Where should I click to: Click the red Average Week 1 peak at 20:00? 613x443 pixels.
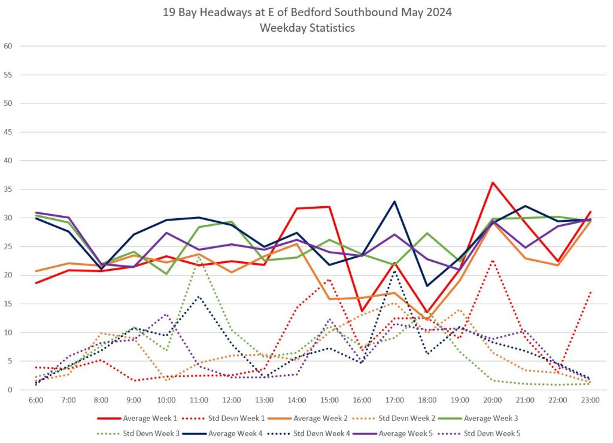tap(493, 182)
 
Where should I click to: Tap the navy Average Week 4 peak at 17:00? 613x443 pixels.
tap(394, 201)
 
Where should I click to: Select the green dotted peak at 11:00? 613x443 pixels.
tap(199, 257)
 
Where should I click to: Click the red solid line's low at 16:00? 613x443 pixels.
tap(362, 311)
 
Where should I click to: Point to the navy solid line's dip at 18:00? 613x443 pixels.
tap(427, 286)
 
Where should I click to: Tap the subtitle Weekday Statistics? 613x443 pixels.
tap(306, 28)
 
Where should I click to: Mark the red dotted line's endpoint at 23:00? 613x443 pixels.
tap(590, 292)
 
